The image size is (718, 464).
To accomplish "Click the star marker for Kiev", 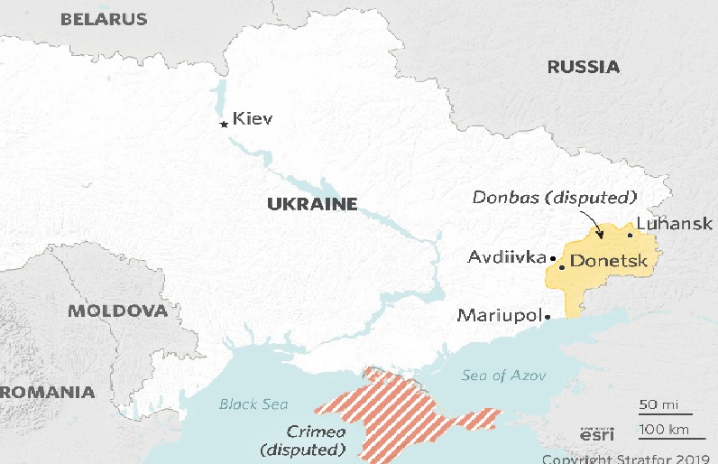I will [224, 125].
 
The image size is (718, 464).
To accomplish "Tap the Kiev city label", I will [252, 118].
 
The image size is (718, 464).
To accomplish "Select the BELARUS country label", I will [103, 18].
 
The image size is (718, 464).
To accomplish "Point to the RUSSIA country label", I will [584, 67].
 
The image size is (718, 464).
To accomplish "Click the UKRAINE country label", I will [312, 204].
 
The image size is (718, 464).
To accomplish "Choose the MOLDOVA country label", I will [118, 311].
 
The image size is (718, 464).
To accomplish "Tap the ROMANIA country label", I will [47, 392].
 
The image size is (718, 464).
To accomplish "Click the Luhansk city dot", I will [630, 235].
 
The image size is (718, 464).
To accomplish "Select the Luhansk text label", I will [674, 224].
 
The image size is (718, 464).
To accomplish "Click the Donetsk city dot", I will [562, 266].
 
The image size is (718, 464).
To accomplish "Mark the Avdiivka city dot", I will [552, 258].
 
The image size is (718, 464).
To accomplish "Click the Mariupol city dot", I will [548, 317].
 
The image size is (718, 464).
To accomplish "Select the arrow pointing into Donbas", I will [590, 224].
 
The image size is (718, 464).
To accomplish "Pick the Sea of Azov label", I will [497, 375].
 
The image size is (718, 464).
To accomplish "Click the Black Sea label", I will [253, 404].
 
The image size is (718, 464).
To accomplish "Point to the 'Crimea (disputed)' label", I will [302, 440].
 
